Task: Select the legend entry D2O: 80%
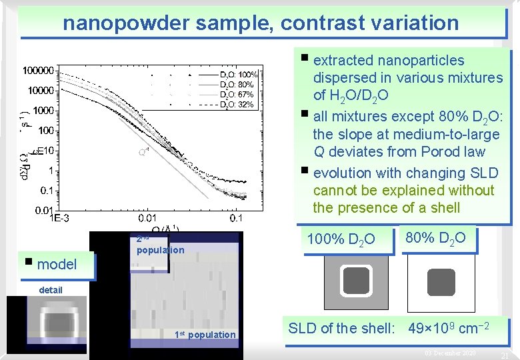[237, 85]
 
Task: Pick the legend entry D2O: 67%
[237, 95]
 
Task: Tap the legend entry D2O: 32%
[237, 105]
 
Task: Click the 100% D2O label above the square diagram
[341, 239]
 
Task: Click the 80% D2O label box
[435, 237]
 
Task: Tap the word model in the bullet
[57, 264]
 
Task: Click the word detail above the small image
[51, 290]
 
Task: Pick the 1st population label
[205, 335]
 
